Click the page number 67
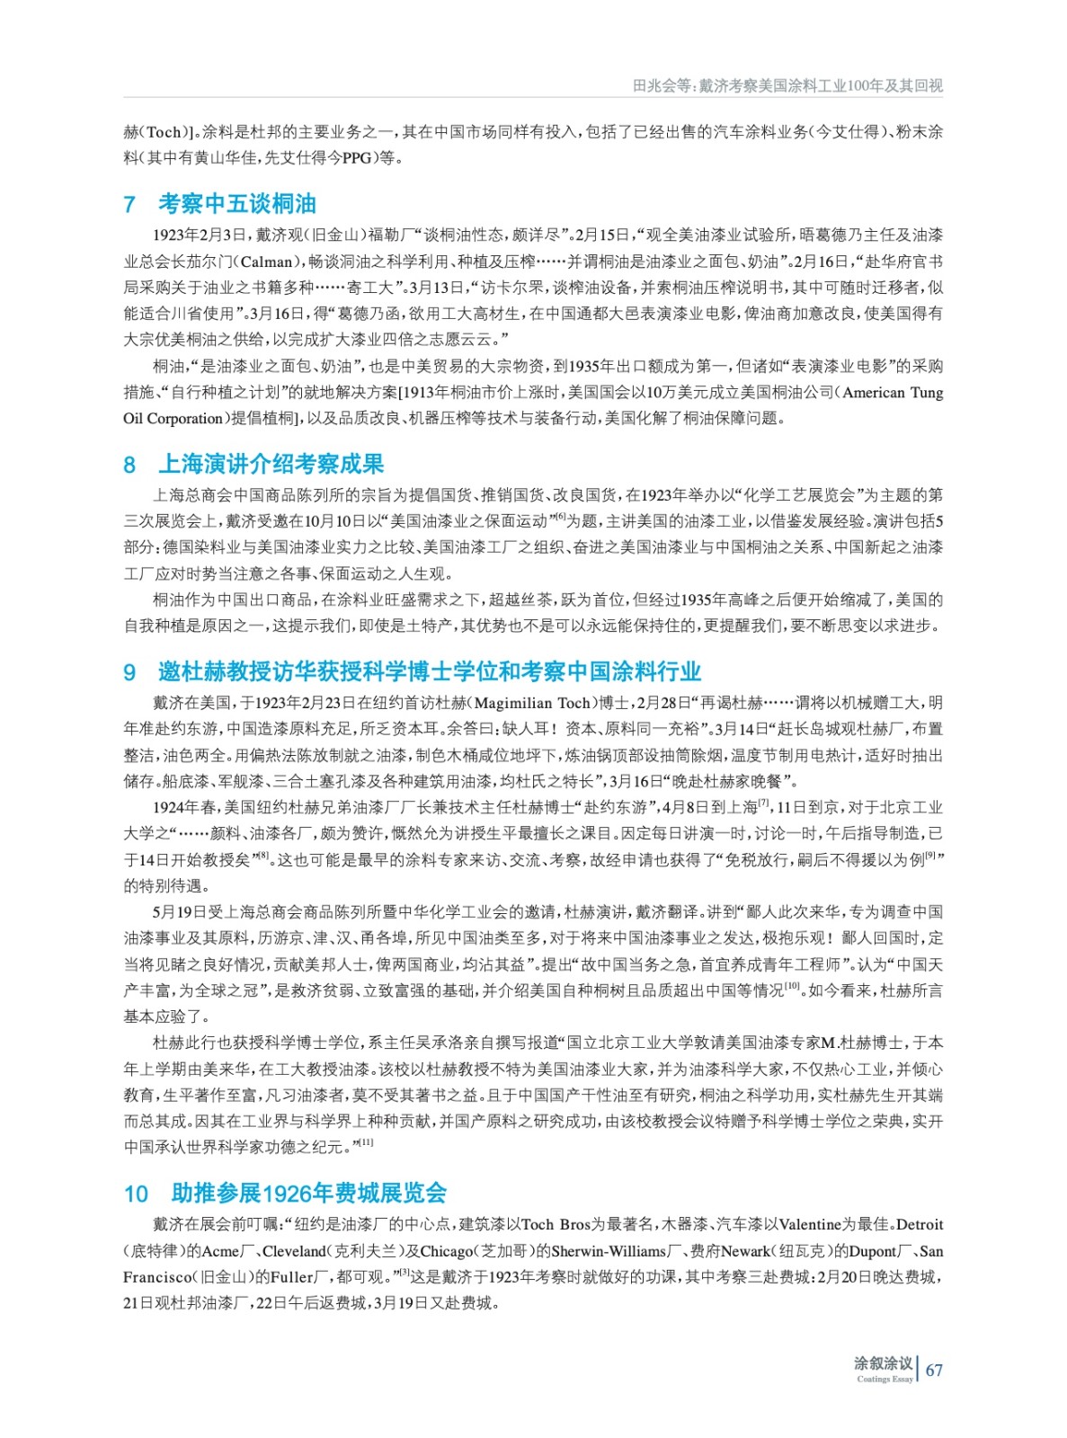tap(934, 1370)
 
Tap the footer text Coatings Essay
tap(885, 1379)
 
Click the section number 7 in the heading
tap(129, 205)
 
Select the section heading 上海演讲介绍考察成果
tap(271, 464)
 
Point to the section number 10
tap(136, 1194)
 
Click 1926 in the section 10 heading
tap(286, 1194)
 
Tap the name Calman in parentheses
tap(267, 262)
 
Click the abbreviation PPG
tap(356, 158)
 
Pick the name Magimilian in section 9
tap(515, 703)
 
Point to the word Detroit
tap(920, 1224)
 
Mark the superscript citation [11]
tap(366, 1142)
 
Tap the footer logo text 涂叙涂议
tap(883, 1363)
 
